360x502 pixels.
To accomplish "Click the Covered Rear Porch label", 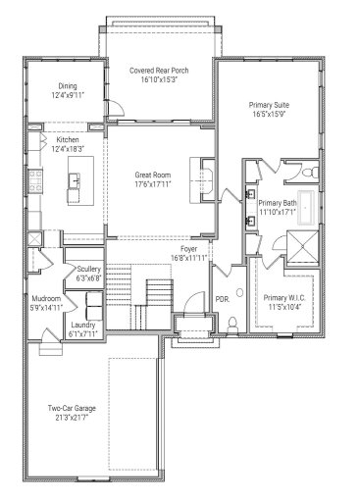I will pyautogui.click(x=160, y=72).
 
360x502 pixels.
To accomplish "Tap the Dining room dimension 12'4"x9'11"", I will pyautogui.click(x=68, y=96).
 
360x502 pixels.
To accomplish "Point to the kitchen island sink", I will pyautogui.click(x=75, y=180).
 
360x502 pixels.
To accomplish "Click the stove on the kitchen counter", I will pyautogui.click(x=34, y=180).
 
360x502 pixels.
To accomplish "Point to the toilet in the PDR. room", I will pyautogui.click(x=231, y=324).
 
